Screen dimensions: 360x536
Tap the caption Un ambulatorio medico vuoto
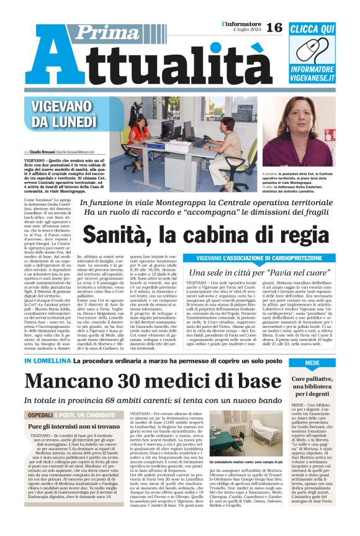236,480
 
